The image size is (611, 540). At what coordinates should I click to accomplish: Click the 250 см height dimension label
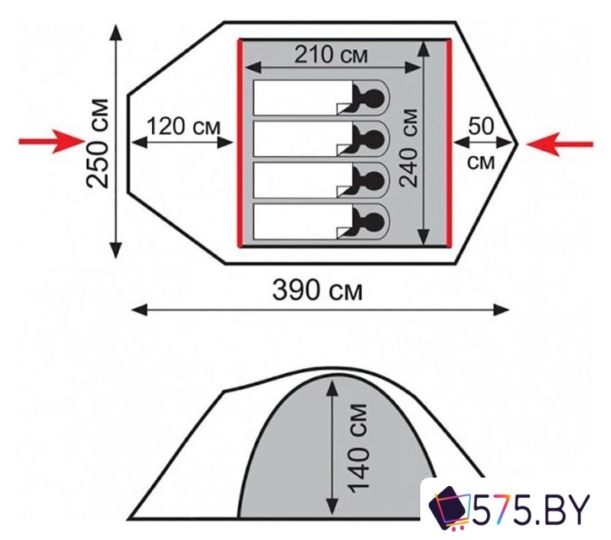tap(97, 143)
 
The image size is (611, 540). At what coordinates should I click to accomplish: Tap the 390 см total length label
tap(317, 290)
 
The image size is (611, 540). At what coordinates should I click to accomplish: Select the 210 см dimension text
tap(331, 54)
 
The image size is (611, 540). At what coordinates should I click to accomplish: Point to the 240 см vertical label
tap(409, 148)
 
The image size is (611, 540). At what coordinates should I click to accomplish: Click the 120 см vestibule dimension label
tap(183, 127)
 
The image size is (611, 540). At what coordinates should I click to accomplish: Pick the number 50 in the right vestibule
tap(481, 126)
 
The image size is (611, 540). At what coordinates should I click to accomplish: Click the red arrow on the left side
tap(51, 141)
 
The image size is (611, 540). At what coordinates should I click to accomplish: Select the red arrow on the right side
tap(560, 144)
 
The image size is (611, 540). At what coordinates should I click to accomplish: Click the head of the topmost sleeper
tap(376, 97)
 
